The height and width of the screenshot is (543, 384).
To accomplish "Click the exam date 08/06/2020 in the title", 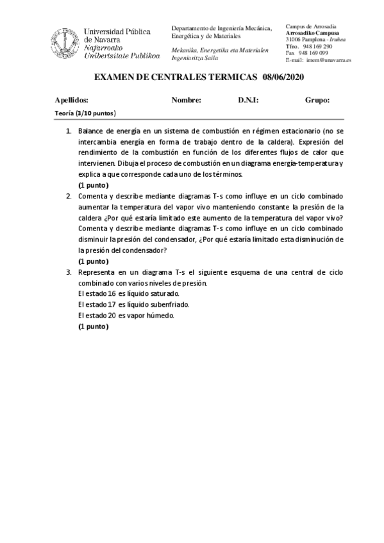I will tap(283, 77).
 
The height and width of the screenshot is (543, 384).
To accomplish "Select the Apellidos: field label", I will tap(72, 101).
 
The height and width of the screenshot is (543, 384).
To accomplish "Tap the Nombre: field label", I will tap(187, 101).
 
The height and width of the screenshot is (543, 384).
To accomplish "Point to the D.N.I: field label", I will tap(248, 101).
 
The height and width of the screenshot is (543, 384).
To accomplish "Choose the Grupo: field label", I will tap(317, 101).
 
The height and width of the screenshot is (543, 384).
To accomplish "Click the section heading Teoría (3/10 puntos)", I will tap(85, 114).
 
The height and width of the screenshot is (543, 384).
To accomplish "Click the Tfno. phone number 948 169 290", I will tap(317, 47).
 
